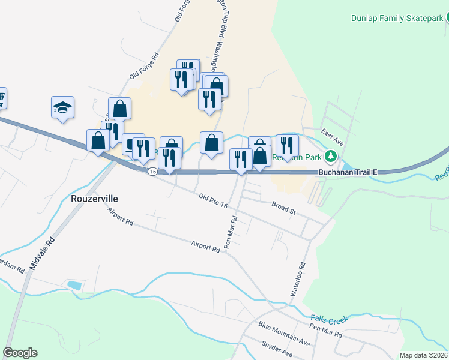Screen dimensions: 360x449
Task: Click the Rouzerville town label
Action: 94,198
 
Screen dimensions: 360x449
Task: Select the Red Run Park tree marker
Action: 330,158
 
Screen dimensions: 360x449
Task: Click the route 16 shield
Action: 152,172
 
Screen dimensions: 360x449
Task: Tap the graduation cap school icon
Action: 62,107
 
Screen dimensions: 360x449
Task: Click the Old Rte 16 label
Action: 213,200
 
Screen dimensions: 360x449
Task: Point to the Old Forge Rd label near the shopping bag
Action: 144,67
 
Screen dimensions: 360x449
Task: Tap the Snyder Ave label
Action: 277,350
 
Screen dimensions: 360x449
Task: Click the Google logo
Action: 20,353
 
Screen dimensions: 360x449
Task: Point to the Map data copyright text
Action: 424,355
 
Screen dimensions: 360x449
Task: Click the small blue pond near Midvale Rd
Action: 75,285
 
